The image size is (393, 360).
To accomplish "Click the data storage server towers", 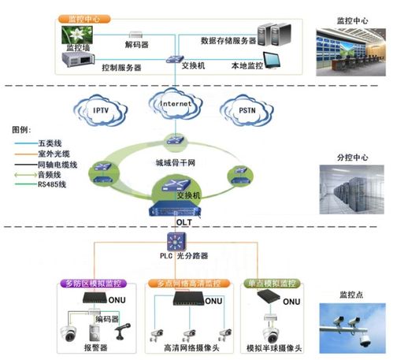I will point(270,31).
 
